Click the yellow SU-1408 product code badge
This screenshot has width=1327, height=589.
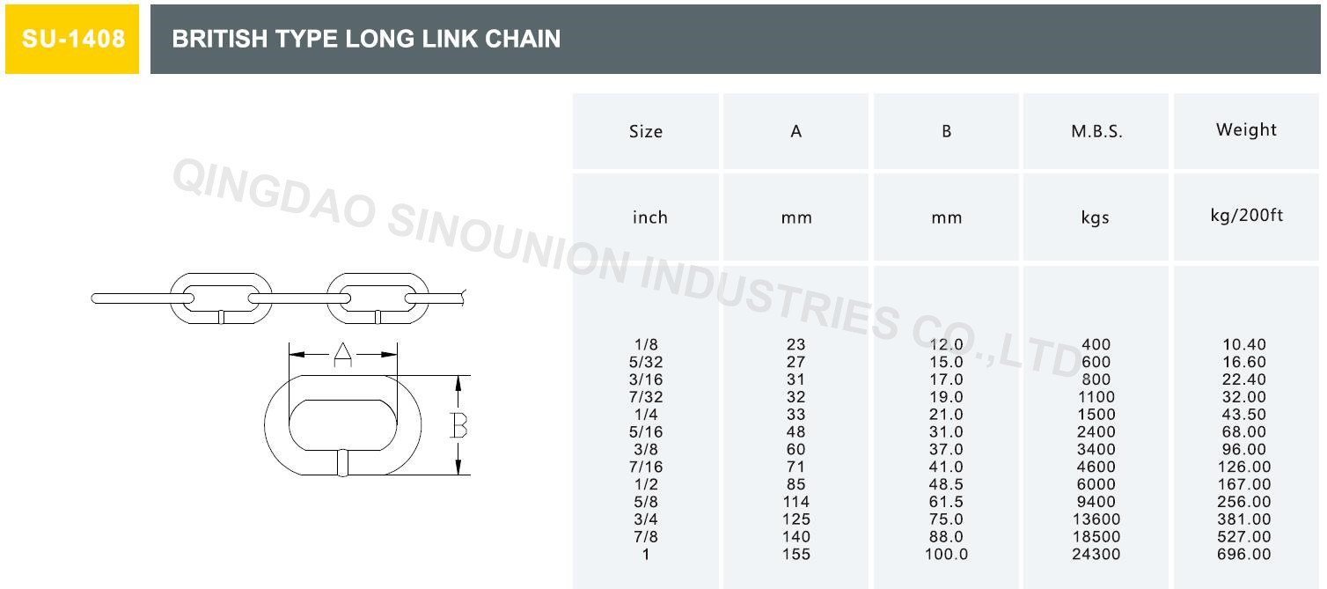point(72,40)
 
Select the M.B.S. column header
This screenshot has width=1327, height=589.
point(1096,132)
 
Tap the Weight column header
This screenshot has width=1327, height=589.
point(1246,130)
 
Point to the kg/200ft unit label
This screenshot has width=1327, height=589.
point(1246,216)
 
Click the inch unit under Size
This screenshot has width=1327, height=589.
point(649,217)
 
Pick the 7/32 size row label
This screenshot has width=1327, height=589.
point(646,397)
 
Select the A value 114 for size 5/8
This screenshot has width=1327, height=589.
point(796,502)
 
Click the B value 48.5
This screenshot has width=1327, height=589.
point(947,484)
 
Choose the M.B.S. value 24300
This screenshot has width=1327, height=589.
point(1096,555)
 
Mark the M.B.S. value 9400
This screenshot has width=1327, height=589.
point(1096,502)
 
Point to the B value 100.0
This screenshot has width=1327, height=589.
point(947,555)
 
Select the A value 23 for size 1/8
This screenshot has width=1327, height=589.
point(796,345)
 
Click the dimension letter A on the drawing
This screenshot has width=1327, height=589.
point(343,354)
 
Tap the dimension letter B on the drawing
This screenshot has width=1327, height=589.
point(458,426)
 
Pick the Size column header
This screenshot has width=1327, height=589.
point(646,132)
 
